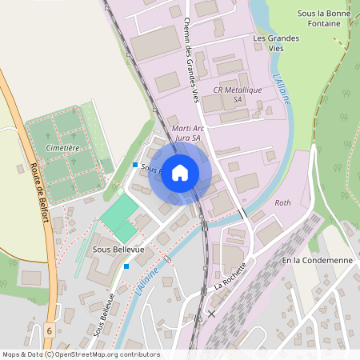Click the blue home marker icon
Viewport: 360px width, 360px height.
180,172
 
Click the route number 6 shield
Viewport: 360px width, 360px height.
49,330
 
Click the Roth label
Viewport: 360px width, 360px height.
282,203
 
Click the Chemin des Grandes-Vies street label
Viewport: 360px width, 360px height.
190,60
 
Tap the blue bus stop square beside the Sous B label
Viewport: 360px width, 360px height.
135,166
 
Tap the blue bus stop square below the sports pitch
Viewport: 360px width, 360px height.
126,267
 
